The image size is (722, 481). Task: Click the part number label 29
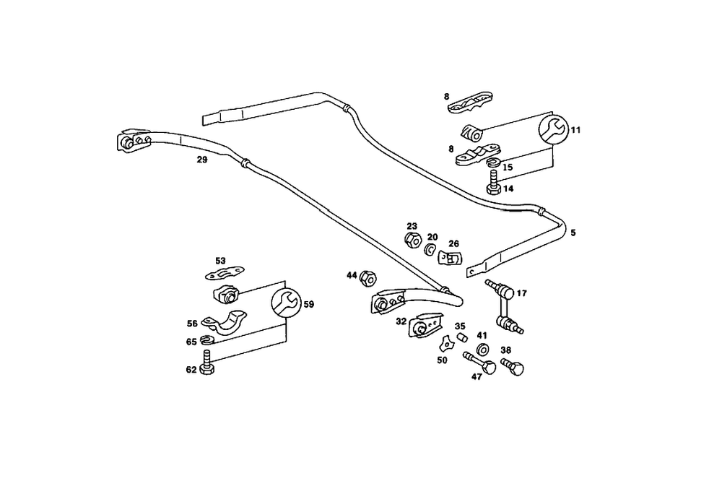coord(201,160)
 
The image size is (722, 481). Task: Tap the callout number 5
coord(573,233)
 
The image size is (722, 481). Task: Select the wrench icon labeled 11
coord(553,131)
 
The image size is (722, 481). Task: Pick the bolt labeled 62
coord(208,363)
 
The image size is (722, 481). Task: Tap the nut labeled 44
coord(367,276)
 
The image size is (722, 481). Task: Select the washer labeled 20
coord(430,250)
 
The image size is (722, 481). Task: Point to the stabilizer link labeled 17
coord(506,307)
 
